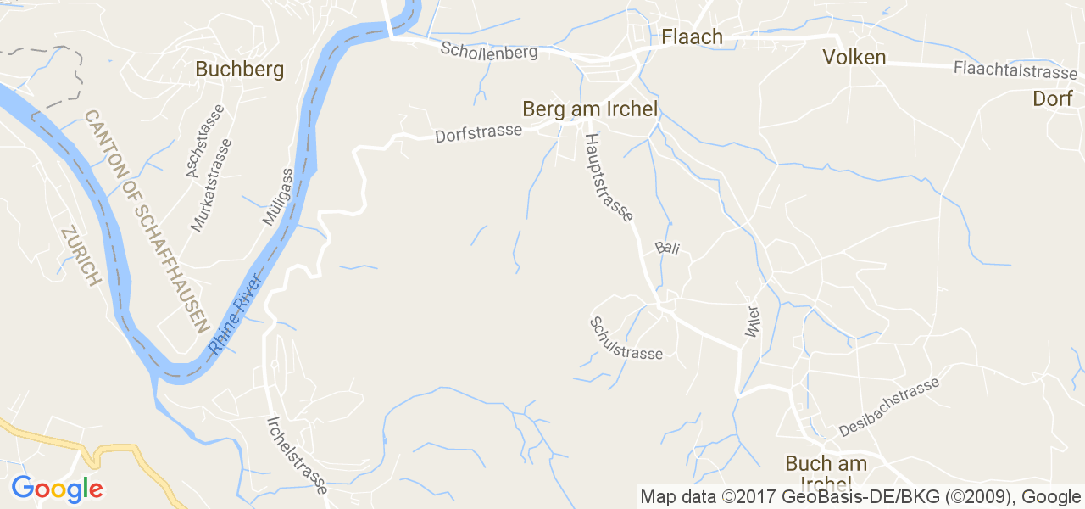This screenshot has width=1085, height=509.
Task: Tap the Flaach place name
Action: pos(692,36)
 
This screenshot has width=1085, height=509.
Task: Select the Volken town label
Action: pos(854,57)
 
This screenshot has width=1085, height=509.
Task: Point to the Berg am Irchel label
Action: pos(590,109)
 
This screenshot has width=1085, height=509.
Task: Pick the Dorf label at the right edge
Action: pos(1053,98)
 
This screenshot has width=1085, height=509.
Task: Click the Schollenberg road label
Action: pos(489,50)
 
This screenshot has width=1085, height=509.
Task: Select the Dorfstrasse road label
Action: pos(478,134)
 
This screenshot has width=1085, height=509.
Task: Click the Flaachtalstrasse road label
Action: pos(1015,70)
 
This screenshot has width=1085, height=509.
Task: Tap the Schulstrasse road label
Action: pos(626,338)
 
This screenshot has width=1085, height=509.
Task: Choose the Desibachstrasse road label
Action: pos(888,407)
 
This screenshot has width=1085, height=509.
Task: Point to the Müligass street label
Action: pos(277,197)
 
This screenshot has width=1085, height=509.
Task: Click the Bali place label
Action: pos(667,249)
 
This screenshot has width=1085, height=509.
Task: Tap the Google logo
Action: pos(57,488)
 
